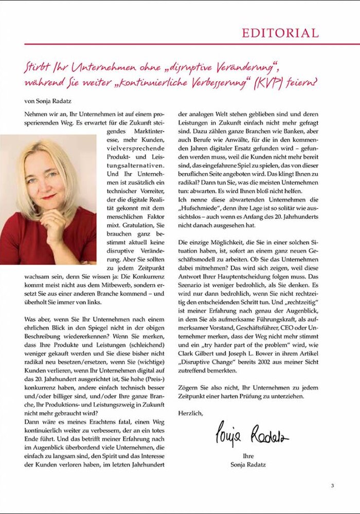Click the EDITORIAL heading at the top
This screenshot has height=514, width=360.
280,33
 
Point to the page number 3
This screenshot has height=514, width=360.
332,485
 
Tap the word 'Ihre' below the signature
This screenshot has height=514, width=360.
248,456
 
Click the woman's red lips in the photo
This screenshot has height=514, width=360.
49,196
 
